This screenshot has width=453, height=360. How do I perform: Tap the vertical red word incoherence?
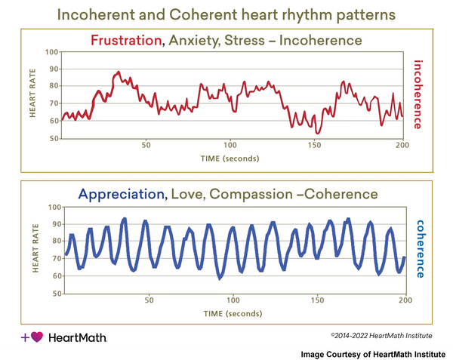(x=419, y=94)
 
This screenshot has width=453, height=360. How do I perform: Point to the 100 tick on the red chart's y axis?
(x=52, y=52)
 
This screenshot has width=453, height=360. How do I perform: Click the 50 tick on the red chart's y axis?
(x=54, y=139)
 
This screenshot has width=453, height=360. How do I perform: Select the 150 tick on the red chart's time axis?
(x=316, y=145)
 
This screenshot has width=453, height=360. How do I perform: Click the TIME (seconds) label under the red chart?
(x=230, y=158)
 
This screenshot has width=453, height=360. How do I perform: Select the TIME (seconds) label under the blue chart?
(x=230, y=312)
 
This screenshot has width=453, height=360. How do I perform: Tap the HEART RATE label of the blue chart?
(x=34, y=249)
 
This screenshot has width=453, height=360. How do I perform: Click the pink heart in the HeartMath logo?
(x=37, y=337)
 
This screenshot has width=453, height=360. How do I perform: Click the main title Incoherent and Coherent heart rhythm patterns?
(x=226, y=14)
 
